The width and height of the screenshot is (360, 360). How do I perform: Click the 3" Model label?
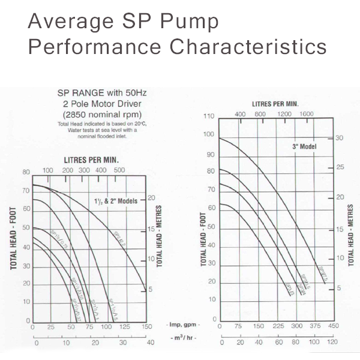pyautogui.click(x=305, y=146)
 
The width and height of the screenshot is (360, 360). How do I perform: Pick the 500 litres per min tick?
pyautogui.click(x=119, y=171)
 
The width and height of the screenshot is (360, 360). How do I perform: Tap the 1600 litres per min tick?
pyautogui.click(x=307, y=114)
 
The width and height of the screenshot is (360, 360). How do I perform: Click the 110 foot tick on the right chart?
pyautogui.click(x=209, y=116)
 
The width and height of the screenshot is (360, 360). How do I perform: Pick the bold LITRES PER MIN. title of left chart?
pyautogui.click(x=91, y=160)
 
